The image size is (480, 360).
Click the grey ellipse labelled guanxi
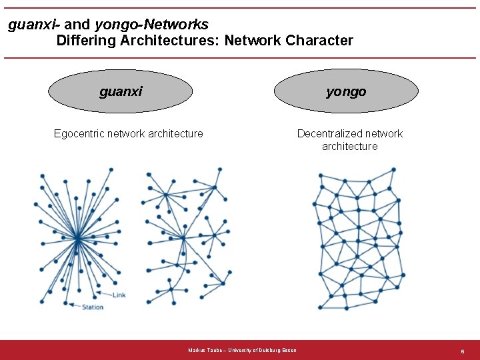pyautogui.click(x=121, y=91)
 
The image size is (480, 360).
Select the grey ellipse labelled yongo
pyautogui.click(x=346, y=91)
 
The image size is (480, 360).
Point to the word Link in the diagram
pyautogui.click(x=118, y=295)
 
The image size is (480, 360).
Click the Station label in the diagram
pyautogui.click(x=93, y=307)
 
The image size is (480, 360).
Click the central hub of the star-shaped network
pyautogui.click(x=78, y=237)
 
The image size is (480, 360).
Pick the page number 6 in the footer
pyautogui.click(x=462, y=351)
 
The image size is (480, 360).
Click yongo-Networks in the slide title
pyautogui.click(x=151, y=25)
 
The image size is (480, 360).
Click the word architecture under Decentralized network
pyautogui.click(x=349, y=146)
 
